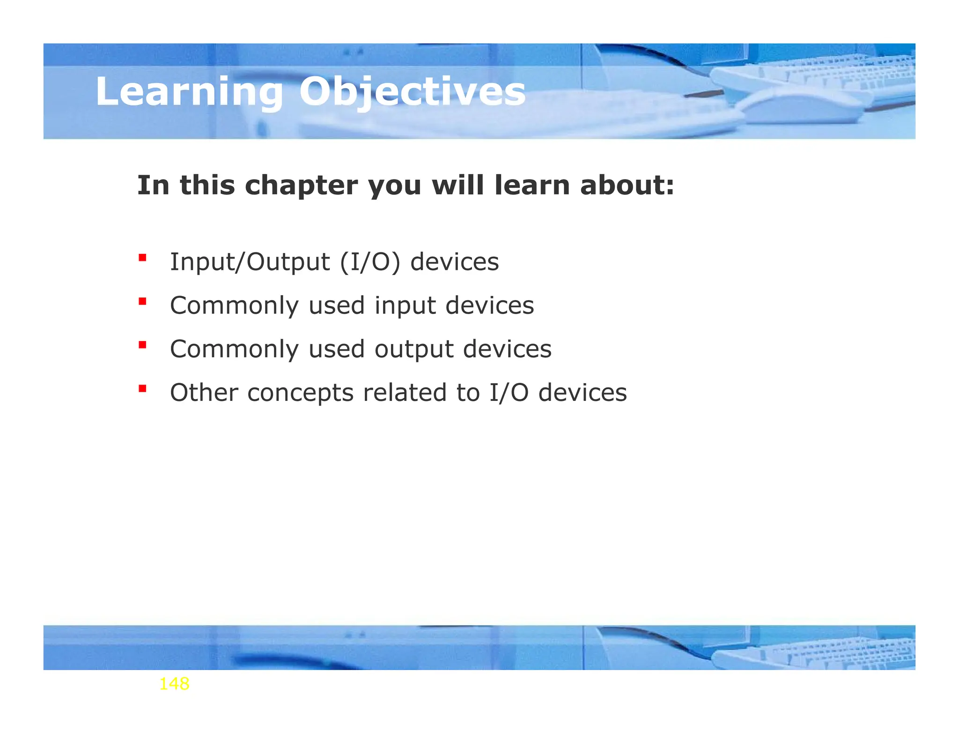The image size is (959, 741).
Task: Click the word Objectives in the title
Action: [412, 92]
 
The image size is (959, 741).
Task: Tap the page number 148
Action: [174, 684]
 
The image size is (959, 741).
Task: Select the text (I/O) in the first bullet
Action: [370, 262]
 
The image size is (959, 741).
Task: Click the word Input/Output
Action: [250, 262]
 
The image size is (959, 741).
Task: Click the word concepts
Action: [300, 393]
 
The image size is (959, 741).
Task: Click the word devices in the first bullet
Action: [454, 262]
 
